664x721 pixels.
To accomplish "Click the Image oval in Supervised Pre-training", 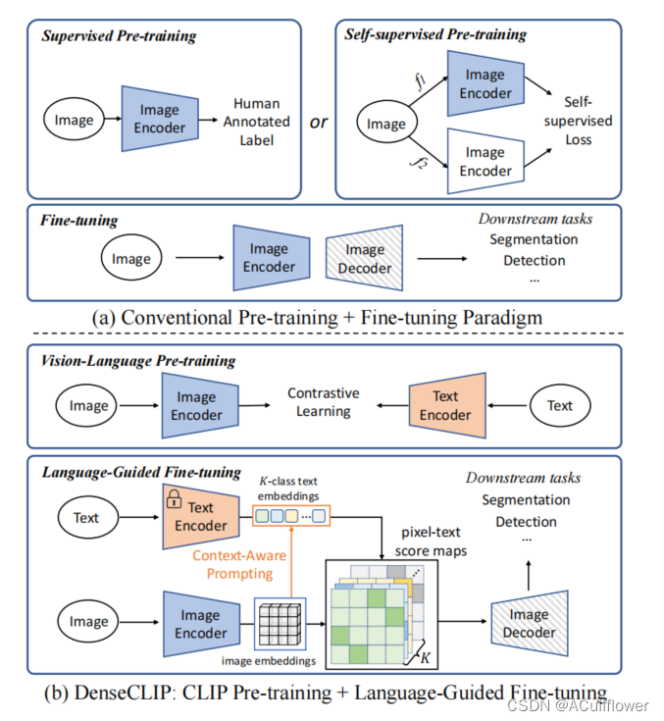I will point(75,120).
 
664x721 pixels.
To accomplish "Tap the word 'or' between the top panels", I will point(318,123).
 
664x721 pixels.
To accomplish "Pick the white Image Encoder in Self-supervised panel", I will point(485,161).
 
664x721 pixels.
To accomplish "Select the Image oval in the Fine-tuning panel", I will point(131,259).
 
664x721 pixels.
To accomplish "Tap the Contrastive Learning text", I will point(324,402).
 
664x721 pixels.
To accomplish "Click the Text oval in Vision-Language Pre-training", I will point(559,405).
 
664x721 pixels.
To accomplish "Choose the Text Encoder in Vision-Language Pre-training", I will point(446,405).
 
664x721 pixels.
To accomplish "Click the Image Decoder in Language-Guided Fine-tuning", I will point(529,625).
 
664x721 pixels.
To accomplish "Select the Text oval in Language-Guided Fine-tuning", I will point(86,517).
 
